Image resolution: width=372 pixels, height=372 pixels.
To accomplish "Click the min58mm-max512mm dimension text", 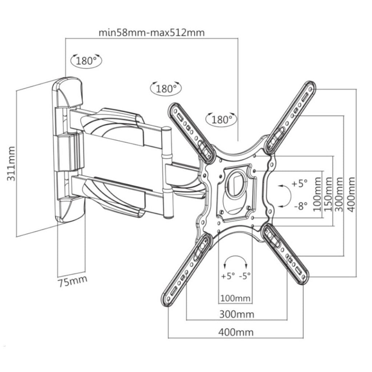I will [151, 32].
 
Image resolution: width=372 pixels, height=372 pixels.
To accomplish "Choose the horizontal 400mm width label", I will [236, 332].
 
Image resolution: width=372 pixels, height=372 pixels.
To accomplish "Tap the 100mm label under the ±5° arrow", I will [235, 299].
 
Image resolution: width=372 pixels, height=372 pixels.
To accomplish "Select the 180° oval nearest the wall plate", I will [87, 60].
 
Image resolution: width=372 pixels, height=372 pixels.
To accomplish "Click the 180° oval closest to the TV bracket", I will [222, 119].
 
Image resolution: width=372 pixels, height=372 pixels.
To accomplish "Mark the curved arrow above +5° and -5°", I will [235, 260].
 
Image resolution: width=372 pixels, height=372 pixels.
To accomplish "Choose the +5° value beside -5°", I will [228, 276].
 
